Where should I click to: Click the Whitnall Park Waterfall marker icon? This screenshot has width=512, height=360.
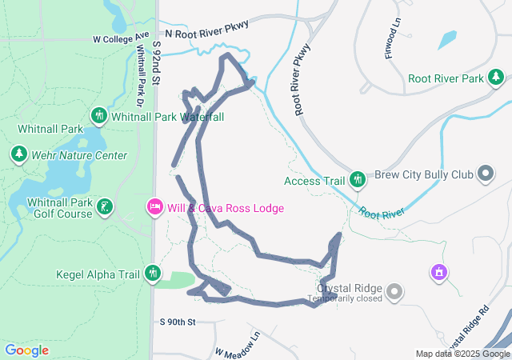click(x=99, y=116)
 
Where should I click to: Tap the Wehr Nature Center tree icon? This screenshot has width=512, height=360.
click(x=19, y=154)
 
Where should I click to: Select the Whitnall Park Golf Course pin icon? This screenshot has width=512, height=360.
click(x=104, y=208)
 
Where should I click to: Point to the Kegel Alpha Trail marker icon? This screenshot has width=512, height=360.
click(x=153, y=274)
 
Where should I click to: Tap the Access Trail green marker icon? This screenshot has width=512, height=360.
click(x=359, y=180)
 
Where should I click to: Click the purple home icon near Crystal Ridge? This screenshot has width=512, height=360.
click(x=438, y=274)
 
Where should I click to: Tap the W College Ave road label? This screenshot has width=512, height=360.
click(x=121, y=38)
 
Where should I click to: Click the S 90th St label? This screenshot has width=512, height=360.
click(x=178, y=322)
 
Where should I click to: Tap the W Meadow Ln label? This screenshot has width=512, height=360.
click(x=238, y=344)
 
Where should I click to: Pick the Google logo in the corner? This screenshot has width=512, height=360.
click(x=27, y=350)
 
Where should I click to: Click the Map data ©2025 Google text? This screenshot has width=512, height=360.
click(x=462, y=354)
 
